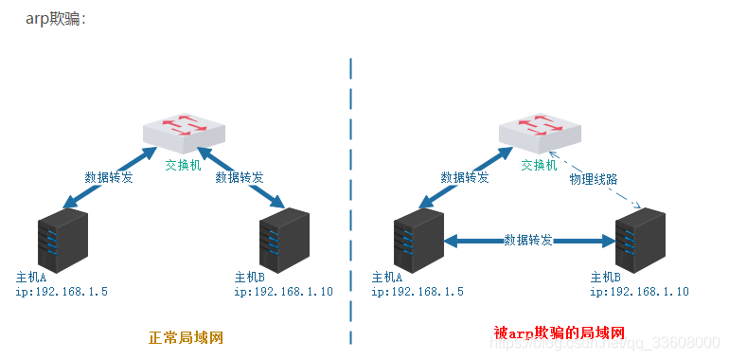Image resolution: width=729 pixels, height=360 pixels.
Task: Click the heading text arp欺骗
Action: [55, 19]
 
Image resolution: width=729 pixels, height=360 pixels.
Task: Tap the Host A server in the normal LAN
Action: [62, 241]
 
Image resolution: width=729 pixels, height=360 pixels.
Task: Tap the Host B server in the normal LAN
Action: [285, 241]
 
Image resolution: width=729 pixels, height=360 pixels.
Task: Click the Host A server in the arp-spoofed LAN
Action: [418, 241]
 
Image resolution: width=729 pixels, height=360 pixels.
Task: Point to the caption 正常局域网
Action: [186, 337]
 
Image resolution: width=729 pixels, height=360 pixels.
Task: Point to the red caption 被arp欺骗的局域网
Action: [560, 333]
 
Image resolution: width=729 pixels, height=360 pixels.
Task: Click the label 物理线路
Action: [593, 178]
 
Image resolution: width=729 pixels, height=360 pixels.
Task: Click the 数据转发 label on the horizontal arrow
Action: [528, 240]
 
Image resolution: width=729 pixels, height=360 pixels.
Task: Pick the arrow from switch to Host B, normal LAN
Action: [240, 176]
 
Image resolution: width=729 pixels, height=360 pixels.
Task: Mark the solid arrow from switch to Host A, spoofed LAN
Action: [460, 176]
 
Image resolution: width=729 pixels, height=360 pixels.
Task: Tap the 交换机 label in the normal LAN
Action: [183, 165]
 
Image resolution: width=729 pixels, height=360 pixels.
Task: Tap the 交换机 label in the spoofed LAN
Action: [539, 165]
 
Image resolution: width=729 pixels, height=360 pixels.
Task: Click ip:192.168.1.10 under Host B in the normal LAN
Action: [283, 293]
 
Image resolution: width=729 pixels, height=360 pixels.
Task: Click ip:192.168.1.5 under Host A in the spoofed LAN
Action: [418, 293]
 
